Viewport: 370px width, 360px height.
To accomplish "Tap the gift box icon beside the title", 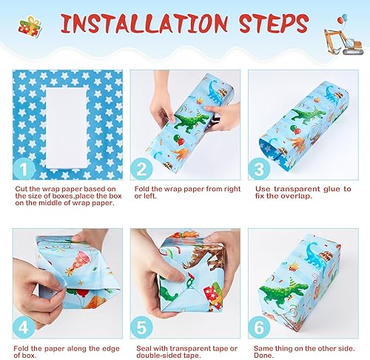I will [30, 28].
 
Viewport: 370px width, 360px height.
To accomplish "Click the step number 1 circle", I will [24, 170].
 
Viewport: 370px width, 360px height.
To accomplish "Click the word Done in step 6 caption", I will [262, 356].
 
